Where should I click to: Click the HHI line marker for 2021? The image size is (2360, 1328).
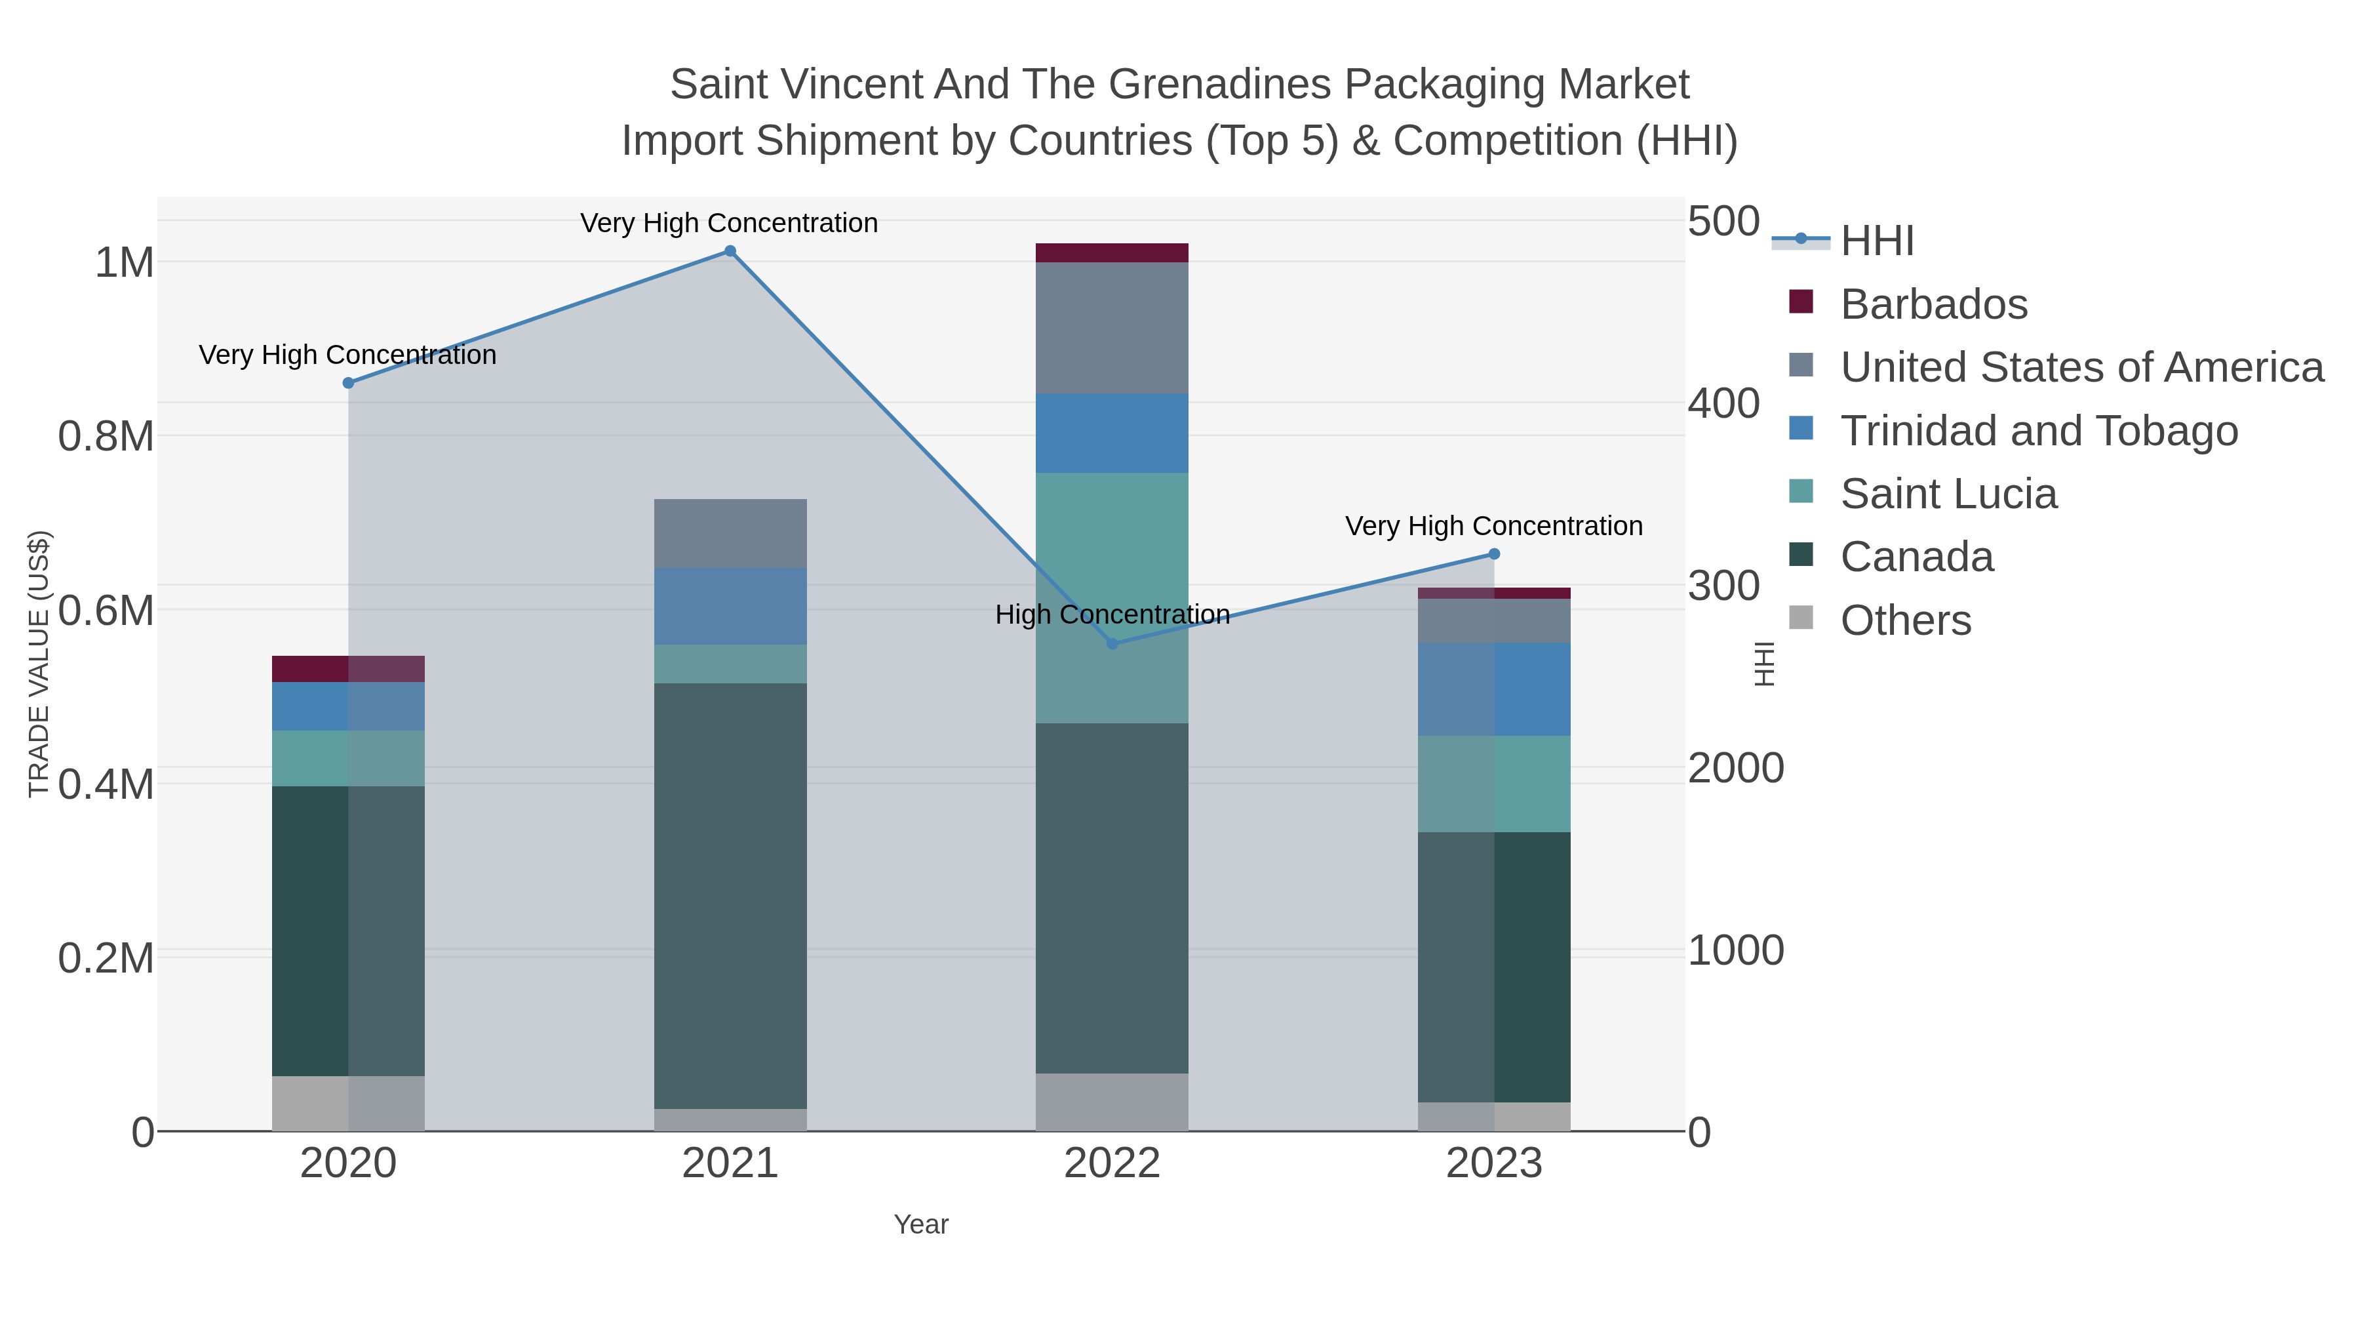(x=730, y=251)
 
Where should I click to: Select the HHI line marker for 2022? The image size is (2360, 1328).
(x=1112, y=644)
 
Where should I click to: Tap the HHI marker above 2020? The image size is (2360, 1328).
(x=348, y=383)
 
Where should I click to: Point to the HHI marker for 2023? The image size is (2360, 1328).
(x=1494, y=553)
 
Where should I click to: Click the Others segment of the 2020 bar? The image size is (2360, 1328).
(x=348, y=1104)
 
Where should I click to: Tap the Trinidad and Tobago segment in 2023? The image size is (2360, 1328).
(x=1494, y=689)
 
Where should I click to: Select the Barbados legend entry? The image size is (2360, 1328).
(x=1933, y=304)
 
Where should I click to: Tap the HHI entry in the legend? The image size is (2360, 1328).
(x=1876, y=241)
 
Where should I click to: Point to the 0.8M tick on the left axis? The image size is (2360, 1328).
(x=106, y=436)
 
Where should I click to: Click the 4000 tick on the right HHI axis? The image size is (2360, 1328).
(x=1723, y=403)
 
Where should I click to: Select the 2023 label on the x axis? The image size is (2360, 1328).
(x=1494, y=1164)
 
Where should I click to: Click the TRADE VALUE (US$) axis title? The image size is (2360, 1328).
(x=39, y=664)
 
